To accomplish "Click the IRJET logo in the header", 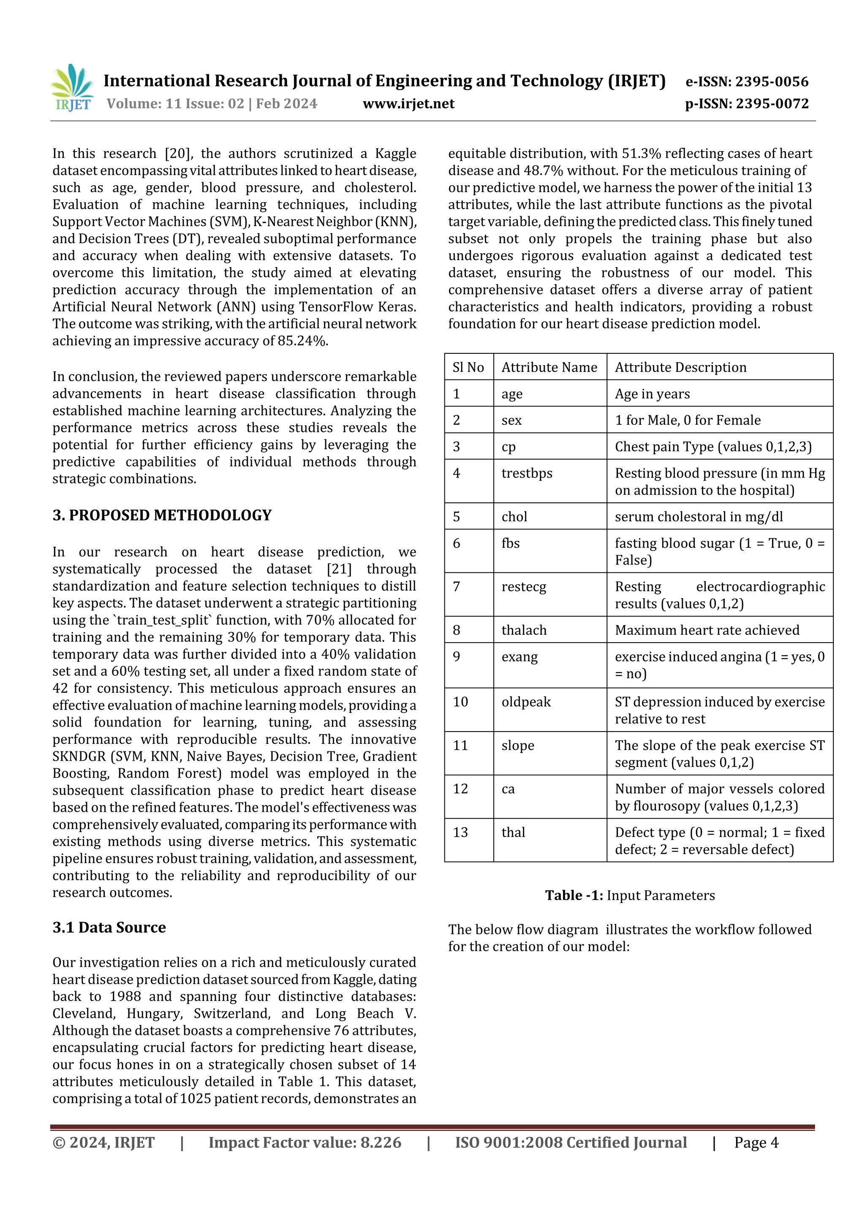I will point(72,88).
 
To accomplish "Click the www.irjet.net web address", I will point(408,104).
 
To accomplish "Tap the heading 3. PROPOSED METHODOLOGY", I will point(162,515).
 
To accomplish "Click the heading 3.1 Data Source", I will point(109,927).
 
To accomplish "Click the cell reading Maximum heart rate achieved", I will point(707,630).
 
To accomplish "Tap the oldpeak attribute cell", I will point(525,702).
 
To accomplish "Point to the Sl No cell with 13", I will point(460,832).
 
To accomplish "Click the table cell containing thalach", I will point(523,630).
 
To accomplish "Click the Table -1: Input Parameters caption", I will point(629,895).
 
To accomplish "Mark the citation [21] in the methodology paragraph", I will point(339,569).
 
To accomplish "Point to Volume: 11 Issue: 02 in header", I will point(175,104).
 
